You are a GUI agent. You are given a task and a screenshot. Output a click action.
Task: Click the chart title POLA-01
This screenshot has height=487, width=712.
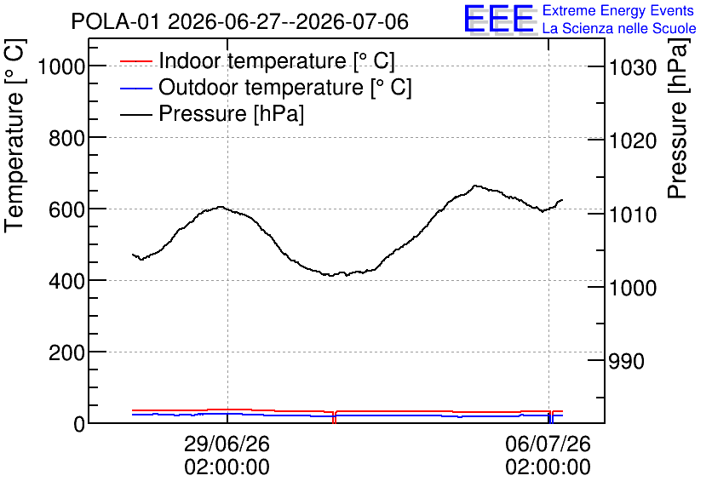point(115,21)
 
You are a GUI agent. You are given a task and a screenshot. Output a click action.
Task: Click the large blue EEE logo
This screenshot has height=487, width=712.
point(498,19)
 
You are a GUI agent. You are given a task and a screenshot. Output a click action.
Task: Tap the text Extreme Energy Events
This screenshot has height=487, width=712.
point(618,10)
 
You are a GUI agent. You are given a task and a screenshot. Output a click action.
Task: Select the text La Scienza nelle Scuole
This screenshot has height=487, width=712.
point(619,28)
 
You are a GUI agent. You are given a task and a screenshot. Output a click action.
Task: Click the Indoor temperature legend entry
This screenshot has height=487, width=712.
point(257,60)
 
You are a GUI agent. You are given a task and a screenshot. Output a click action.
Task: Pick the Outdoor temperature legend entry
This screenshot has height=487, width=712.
point(266,87)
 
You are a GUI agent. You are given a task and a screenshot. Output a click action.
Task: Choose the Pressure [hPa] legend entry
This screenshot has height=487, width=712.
point(211,113)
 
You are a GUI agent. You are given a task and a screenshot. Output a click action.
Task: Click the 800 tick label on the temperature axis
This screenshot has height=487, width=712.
point(66,139)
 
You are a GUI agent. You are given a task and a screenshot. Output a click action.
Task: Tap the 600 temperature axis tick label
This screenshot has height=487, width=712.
point(66,210)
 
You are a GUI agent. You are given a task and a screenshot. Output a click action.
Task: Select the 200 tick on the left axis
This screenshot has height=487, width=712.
point(66,353)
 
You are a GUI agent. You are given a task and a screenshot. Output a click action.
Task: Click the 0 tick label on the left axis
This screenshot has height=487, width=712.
point(79,424)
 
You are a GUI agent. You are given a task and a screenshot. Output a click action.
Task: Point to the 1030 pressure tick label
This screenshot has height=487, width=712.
point(633,68)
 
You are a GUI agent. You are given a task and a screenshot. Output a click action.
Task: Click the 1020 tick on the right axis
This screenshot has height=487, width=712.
point(633,141)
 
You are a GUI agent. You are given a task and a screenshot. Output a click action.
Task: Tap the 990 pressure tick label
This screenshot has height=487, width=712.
point(627,362)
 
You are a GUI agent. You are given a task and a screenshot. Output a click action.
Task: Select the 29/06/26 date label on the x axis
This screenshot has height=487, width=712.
point(227,444)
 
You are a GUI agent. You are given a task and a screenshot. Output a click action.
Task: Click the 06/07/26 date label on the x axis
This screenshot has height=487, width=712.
point(548,444)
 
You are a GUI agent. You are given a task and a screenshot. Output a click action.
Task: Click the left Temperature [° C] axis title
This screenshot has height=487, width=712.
point(14,136)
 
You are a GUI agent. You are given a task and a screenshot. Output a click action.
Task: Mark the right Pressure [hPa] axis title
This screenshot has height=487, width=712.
point(678,118)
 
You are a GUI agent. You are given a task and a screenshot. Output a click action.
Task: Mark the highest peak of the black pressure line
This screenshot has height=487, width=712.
point(475,185)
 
